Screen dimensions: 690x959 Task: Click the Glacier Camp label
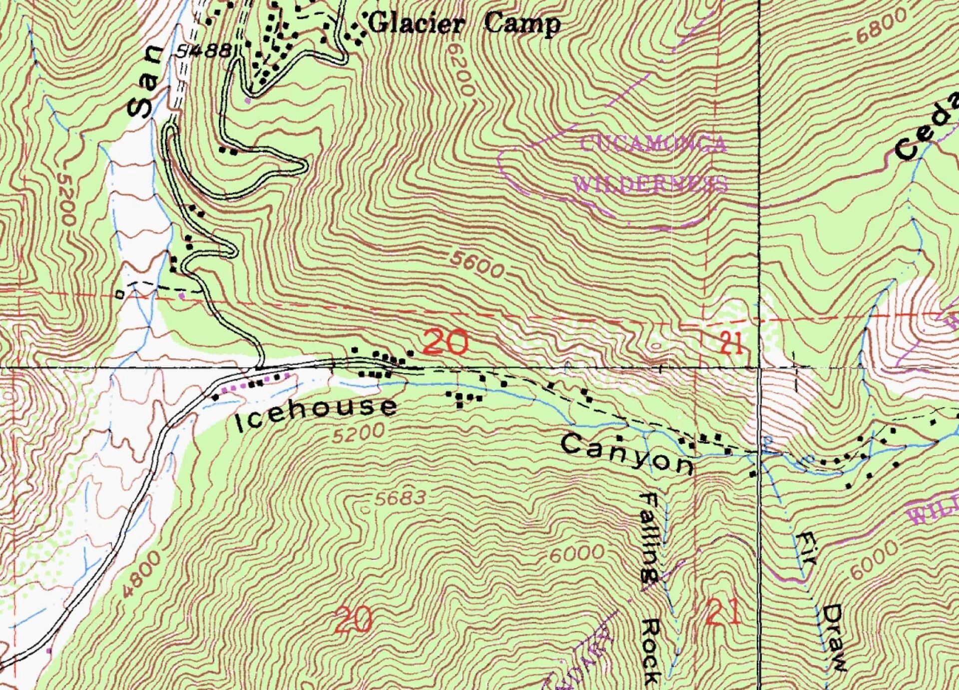point(465,23)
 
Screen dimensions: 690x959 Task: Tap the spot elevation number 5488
point(205,50)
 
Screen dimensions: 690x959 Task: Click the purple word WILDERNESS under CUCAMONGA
point(651,184)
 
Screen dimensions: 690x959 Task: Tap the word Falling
point(650,537)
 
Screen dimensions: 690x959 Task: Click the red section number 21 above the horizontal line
point(732,344)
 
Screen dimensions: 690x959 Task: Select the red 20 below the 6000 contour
point(354,620)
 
